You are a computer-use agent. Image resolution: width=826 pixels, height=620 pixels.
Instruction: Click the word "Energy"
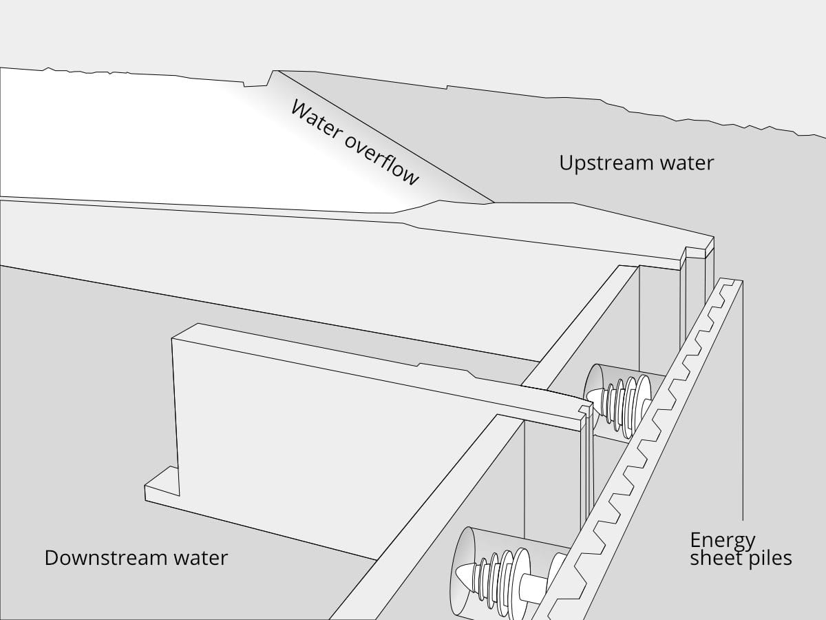pyautogui.click(x=723, y=539)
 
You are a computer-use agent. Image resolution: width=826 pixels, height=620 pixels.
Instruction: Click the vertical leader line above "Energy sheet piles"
pyautogui.click(x=743, y=413)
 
